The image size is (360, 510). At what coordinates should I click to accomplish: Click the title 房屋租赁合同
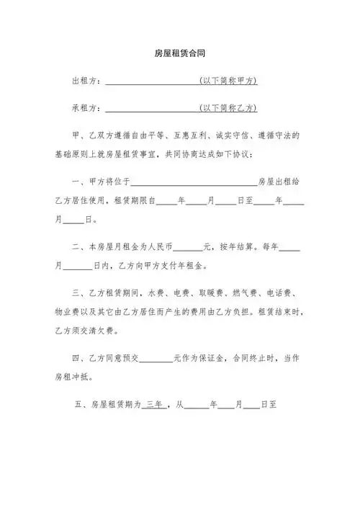[x=180, y=53]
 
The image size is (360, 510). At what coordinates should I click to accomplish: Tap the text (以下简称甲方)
[x=228, y=81]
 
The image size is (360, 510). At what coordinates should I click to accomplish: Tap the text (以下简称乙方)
[x=228, y=108]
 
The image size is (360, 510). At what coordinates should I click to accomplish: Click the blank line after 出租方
[x=152, y=83]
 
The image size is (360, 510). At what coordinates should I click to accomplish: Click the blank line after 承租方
[x=152, y=109]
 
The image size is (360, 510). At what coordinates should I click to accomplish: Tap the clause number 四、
[x=80, y=358]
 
